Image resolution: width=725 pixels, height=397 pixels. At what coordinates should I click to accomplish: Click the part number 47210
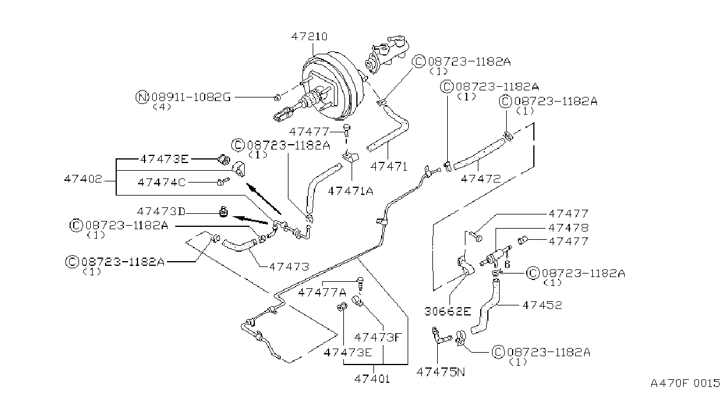point(310,36)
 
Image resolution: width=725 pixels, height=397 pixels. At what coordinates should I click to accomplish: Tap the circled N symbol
point(142,97)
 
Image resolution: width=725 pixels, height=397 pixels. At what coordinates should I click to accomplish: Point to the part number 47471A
point(350,191)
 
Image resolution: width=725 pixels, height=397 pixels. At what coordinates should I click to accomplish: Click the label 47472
point(481,178)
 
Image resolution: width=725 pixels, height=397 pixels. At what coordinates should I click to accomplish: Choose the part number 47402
point(83,179)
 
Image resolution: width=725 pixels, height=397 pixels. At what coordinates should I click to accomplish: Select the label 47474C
point(162,183)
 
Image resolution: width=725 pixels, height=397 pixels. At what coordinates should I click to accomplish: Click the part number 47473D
point(161,211)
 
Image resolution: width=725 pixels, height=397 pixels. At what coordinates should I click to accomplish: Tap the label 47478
point(568,227)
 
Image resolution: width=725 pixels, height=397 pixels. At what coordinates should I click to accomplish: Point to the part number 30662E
point(448,311)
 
